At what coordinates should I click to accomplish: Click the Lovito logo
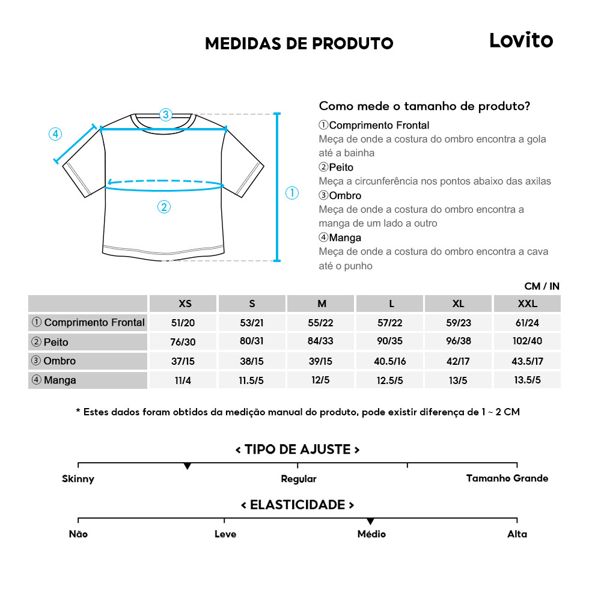520,40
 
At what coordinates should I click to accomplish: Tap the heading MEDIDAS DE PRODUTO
299,44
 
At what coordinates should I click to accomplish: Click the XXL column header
526,304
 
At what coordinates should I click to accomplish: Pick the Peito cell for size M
321,341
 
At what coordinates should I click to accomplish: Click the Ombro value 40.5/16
389,361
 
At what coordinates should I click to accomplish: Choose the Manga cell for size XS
183,380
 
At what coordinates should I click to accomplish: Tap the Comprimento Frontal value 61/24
526,323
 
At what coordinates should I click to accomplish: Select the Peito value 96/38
459,341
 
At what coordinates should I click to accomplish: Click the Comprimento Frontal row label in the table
88,323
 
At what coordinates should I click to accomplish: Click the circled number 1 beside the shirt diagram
291,193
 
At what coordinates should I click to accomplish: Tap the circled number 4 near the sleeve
55,134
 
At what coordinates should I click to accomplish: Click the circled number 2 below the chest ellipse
164,207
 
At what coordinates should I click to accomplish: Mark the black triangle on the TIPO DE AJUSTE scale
188,466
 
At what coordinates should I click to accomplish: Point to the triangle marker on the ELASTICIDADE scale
370,521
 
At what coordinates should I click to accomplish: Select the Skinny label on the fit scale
78,479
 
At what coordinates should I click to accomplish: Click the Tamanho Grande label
507,478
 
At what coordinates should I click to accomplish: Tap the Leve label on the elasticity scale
225,534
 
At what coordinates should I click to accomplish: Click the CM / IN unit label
542,287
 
